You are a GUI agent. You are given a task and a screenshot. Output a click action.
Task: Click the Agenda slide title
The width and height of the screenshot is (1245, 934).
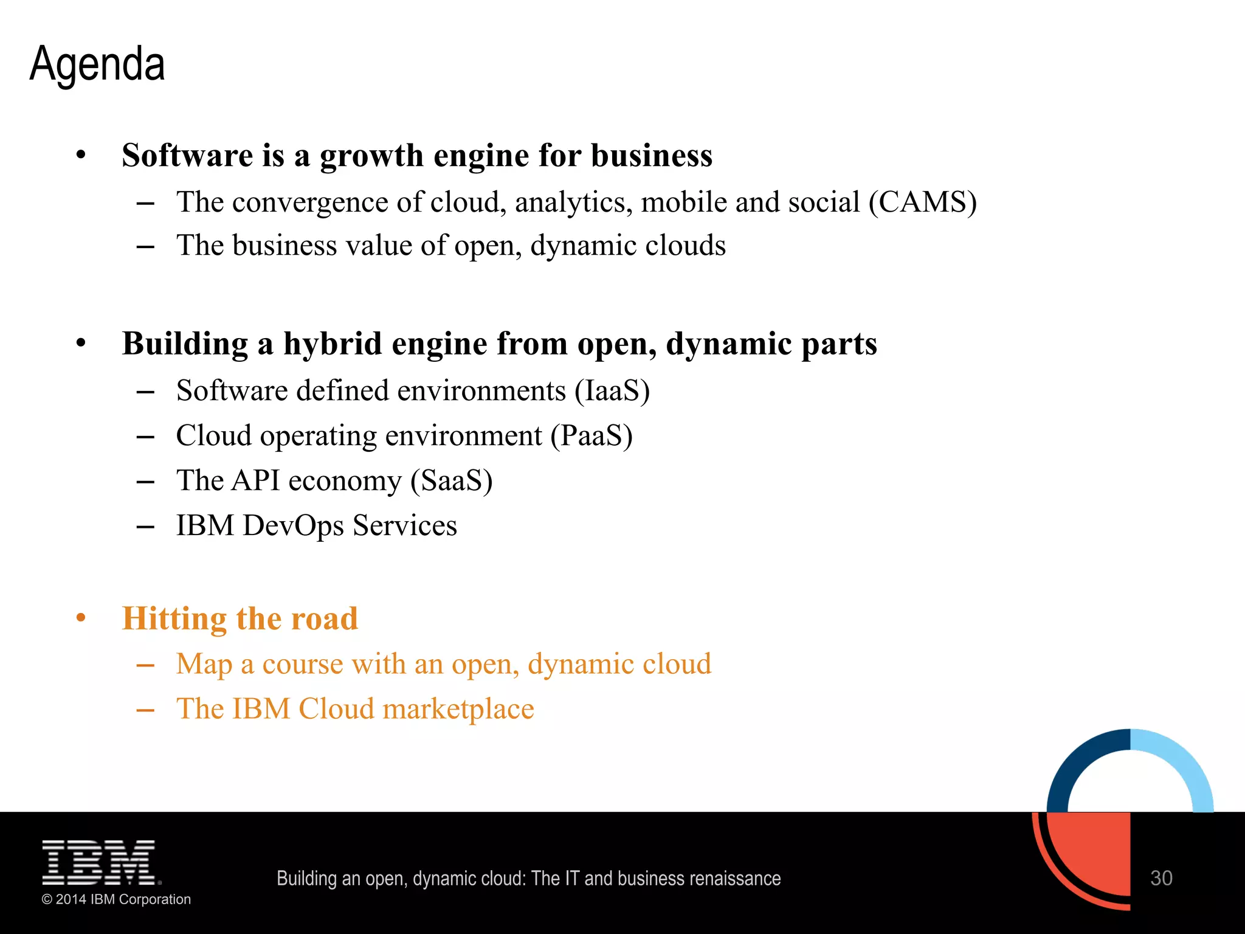point(97,64)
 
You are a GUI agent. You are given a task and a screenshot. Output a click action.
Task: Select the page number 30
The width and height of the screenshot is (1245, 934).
point(1161,878)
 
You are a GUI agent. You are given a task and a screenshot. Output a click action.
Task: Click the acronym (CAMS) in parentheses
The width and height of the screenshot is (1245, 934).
point(922,202)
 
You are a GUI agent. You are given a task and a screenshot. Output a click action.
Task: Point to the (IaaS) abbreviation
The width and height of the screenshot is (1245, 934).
point(612,391)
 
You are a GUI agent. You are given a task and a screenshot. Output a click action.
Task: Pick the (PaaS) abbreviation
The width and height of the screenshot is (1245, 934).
point(591,436)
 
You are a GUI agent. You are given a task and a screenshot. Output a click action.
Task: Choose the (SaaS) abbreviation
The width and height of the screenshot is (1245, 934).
point(451,481)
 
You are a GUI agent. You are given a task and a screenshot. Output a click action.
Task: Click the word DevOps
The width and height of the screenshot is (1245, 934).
point(293,526)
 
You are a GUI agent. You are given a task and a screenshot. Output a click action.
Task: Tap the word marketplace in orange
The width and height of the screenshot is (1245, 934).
point(458,709)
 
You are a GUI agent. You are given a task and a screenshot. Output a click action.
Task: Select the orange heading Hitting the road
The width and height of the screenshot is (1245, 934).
point(240,618)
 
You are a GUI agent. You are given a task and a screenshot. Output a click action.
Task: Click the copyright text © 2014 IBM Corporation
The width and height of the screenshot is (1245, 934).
point(116,899)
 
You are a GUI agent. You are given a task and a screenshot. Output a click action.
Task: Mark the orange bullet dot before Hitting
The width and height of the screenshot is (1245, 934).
point(81,618)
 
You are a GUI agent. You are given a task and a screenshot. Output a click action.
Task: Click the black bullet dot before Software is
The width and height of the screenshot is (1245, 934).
point(81,155)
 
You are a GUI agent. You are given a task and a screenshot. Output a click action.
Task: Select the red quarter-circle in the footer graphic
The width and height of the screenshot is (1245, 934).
point(1094,851)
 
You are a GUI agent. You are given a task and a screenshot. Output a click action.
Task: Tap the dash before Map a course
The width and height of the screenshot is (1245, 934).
point(145,665)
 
